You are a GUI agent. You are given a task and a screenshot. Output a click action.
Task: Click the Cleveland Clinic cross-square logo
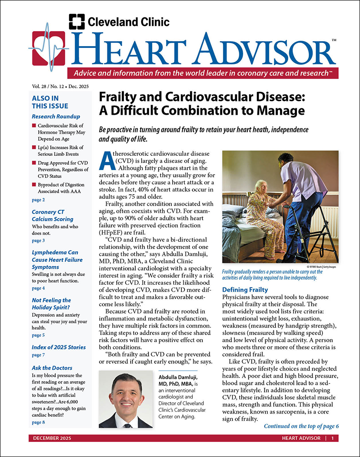tap(77, 21)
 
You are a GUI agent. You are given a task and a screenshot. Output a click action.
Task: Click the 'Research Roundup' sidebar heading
tap(56, 117)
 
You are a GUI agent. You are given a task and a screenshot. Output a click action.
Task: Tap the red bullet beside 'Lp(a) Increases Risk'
tap(34, 148)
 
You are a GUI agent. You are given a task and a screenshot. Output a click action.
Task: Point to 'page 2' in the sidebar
tap(38, 200)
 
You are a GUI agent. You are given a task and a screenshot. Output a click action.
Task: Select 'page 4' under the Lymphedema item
tap(38, 288)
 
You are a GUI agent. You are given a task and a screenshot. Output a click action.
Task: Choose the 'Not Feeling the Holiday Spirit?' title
tap(51, 304)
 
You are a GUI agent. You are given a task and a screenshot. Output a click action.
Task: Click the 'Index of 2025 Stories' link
tap(58, 347)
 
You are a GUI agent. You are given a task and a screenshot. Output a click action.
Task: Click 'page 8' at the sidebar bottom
tap(38, 422)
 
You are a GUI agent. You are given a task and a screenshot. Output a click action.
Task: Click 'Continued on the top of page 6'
tap(301, 426)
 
